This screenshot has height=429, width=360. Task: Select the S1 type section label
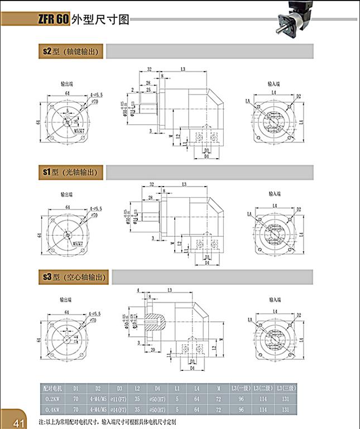click(x=71, y=173)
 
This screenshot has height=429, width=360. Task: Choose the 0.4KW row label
click(x=54, y=410)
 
